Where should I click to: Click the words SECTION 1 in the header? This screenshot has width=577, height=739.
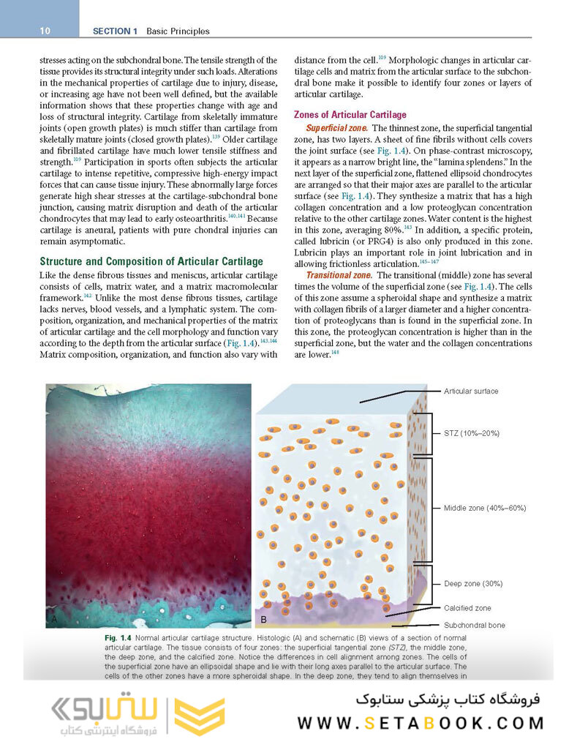(x=116, y=31)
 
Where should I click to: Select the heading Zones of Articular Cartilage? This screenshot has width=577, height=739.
(x=350, y=115)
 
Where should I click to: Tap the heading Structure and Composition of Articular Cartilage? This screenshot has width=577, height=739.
(x=151, y=261)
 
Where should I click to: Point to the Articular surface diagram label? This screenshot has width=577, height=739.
(x=471, y=391)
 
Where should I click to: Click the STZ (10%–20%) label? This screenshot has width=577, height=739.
(x=472, y=433)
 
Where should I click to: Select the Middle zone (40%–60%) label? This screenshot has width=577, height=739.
(x=485, y=508)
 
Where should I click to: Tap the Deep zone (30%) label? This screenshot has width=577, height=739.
(x=473, y=584)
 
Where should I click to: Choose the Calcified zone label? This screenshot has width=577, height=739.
(x=468, y=608)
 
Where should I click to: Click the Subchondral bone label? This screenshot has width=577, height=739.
(x=474, y=626)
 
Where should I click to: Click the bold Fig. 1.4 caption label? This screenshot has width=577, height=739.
(x=118, y=639)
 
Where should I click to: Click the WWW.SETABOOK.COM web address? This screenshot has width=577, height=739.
(x=421, y=724)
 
